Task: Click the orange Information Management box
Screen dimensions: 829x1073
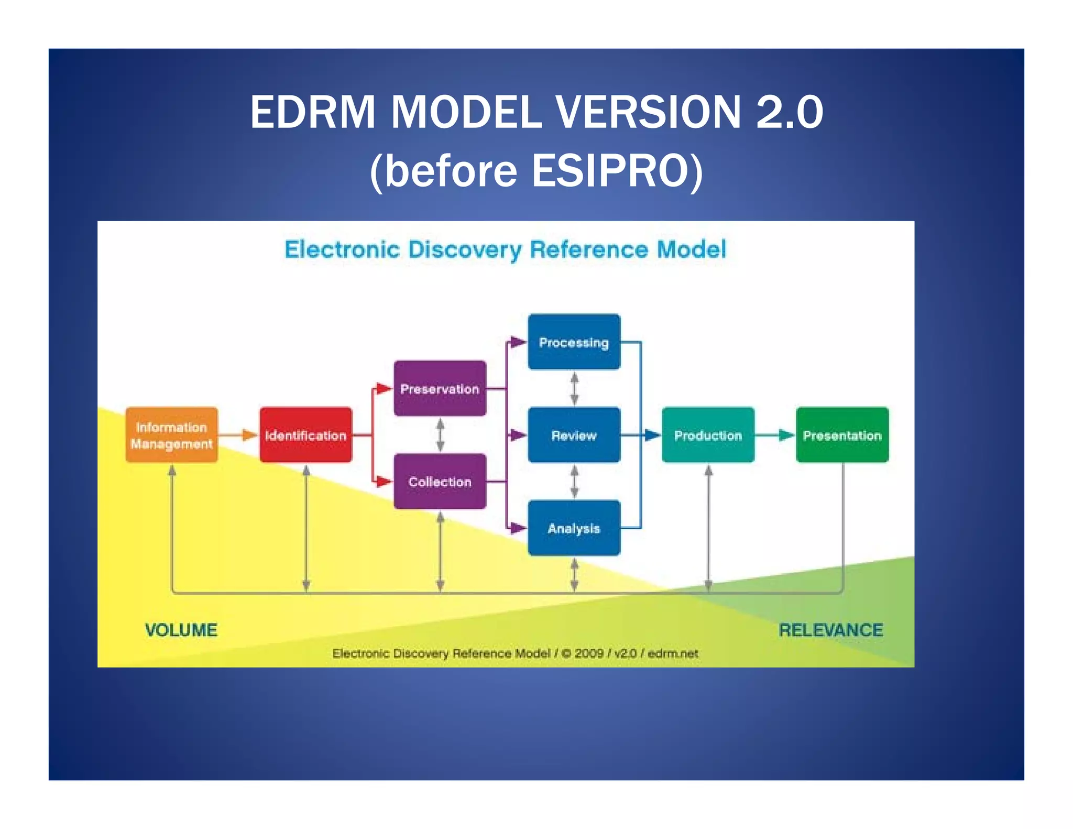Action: [x=171, y=435]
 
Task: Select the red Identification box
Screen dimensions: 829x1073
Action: [x=305, y=435]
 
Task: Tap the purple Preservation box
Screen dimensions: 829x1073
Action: [x=440, y=388]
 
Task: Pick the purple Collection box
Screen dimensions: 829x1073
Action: [x=440, y=481]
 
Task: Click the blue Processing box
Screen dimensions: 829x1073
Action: [x=574, y=342]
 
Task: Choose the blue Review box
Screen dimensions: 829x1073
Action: [x=574, y=435]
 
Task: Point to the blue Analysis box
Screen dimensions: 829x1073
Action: [x=574, y=528]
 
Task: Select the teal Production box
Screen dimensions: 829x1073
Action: [x=708, y=435]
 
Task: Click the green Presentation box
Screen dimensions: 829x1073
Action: [x=842, y=435]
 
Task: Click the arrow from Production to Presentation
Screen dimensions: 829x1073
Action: [x=776, y=435]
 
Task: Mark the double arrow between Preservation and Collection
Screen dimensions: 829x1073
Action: [x=440, y=435]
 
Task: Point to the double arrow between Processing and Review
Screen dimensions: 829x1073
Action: [x=574, y=388]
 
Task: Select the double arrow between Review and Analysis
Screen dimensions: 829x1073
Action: [x=574, y=481]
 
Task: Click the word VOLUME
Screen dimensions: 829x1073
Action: [x=181, y=629]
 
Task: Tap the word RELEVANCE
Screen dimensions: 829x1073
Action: [x=830, y=629]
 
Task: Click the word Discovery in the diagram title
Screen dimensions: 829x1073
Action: [x=465, y=249]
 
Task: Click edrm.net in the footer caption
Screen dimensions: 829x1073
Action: [x=673, y=653]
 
